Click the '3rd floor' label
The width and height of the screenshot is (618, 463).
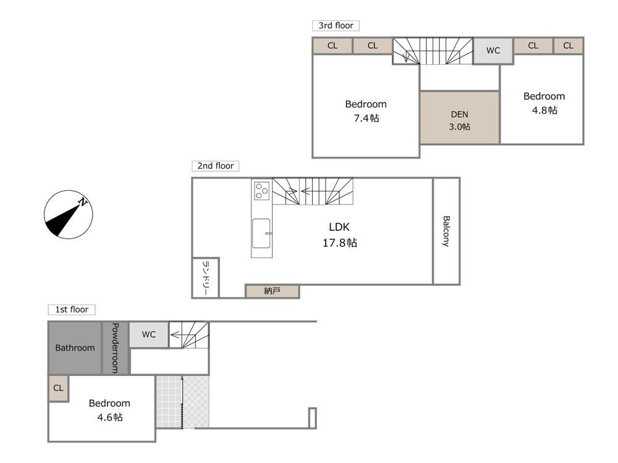[336, 25]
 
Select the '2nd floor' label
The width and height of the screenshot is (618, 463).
[215, 165]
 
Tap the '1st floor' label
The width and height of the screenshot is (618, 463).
[71, 309]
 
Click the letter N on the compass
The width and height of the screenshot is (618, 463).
[82, 202]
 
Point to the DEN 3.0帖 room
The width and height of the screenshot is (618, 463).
[460, 118]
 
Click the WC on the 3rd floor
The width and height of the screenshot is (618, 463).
[493, 51]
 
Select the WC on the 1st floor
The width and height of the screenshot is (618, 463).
[149, 335]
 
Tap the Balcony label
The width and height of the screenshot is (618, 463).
[446, 231]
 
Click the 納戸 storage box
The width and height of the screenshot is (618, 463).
[272, 291]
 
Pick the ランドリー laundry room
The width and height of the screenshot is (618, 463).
[205, 278]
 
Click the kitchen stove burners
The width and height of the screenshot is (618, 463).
[261, 191]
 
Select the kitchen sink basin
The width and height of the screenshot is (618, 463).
[261, 233]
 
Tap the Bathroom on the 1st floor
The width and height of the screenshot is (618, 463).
[75, 348]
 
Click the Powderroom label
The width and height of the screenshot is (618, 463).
[115, 348]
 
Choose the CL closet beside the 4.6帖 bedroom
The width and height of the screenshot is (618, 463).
[58, 388]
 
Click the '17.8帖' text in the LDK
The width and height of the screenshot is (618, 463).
[340, 243]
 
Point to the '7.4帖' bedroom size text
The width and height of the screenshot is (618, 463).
[366, 118]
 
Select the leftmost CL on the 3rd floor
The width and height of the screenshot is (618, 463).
[332, 46]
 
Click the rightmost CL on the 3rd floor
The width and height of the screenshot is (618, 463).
[568, 46]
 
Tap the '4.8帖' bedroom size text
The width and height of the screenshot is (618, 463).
[544, 111]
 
